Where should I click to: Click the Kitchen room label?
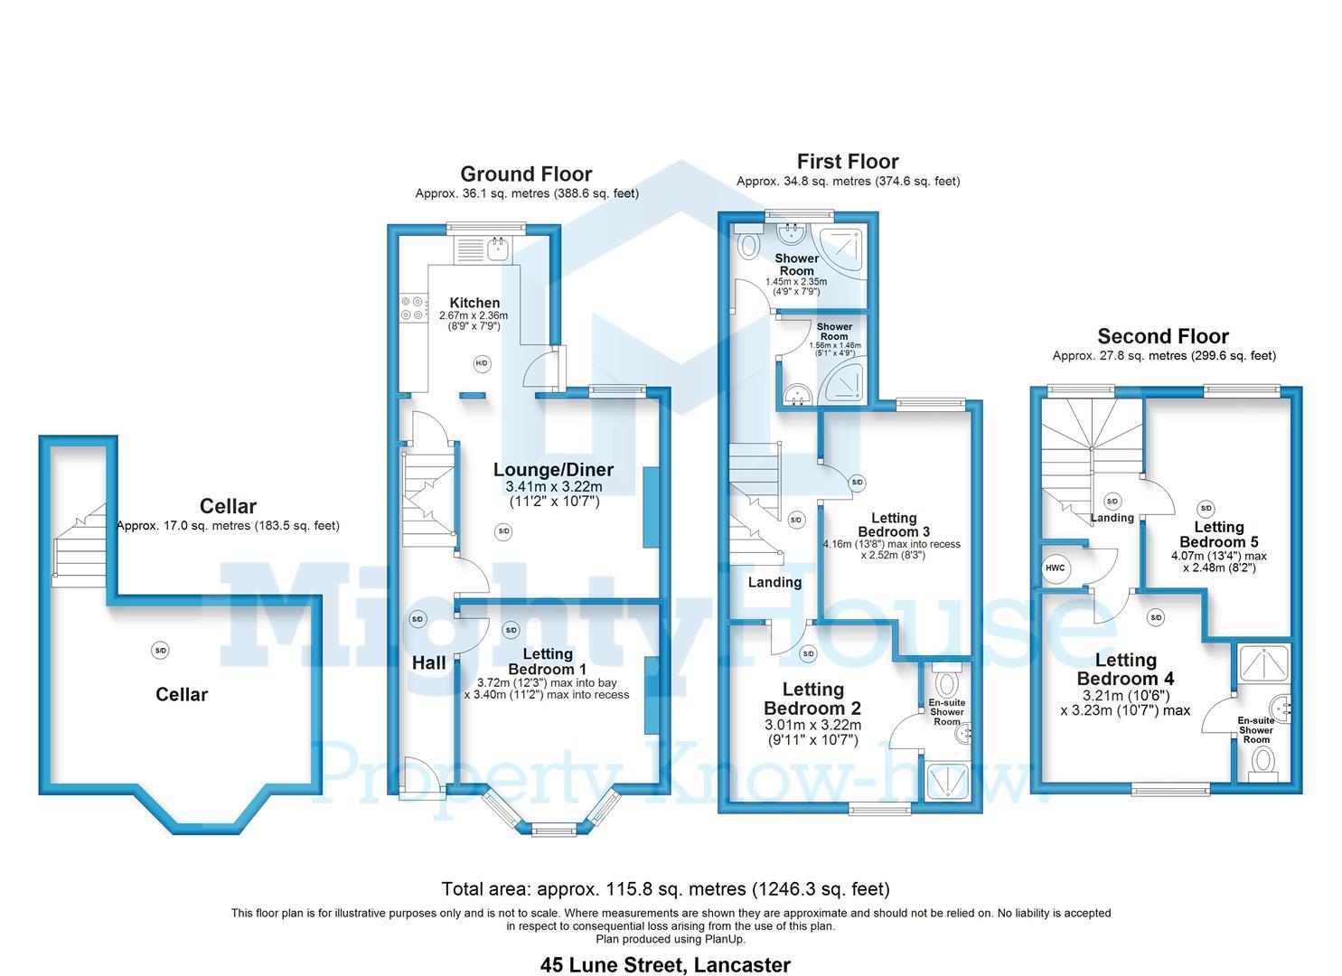pyautogui.click(x=474, y=303)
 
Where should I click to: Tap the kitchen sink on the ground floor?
pyautogui.click(x=498, y=249)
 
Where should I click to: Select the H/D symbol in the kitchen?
pyautogui.click(x=482, y=363)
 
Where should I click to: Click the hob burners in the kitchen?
pyautogui.click(x=413, y=307)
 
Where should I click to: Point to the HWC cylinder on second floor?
pyautogui.click(x=1055, y=568)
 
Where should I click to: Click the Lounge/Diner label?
pyautogui.click(x=554, y=470)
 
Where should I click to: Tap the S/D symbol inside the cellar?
pyautogui.click(x=160, y=651)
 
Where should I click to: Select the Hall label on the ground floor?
pyautogui.click(x=429, y=662)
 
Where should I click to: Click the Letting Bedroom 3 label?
pyautogui.click(x=894, y=525)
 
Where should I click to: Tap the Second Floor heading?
pyautogui.click(x=1163, y=336)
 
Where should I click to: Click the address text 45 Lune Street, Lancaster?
pyautogui.click(x=665, y=965)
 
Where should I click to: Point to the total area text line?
pyautogui.click(x=665, y=888)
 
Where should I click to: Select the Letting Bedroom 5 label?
pyautogui.click(x=1218, y=534)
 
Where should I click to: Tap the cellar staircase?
pyautogui.click(x=80, y=545)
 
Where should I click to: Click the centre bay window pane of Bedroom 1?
pyautogui.click(x=554, y=830)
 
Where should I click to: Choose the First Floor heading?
pyautogui.click(x=847, y=162)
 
